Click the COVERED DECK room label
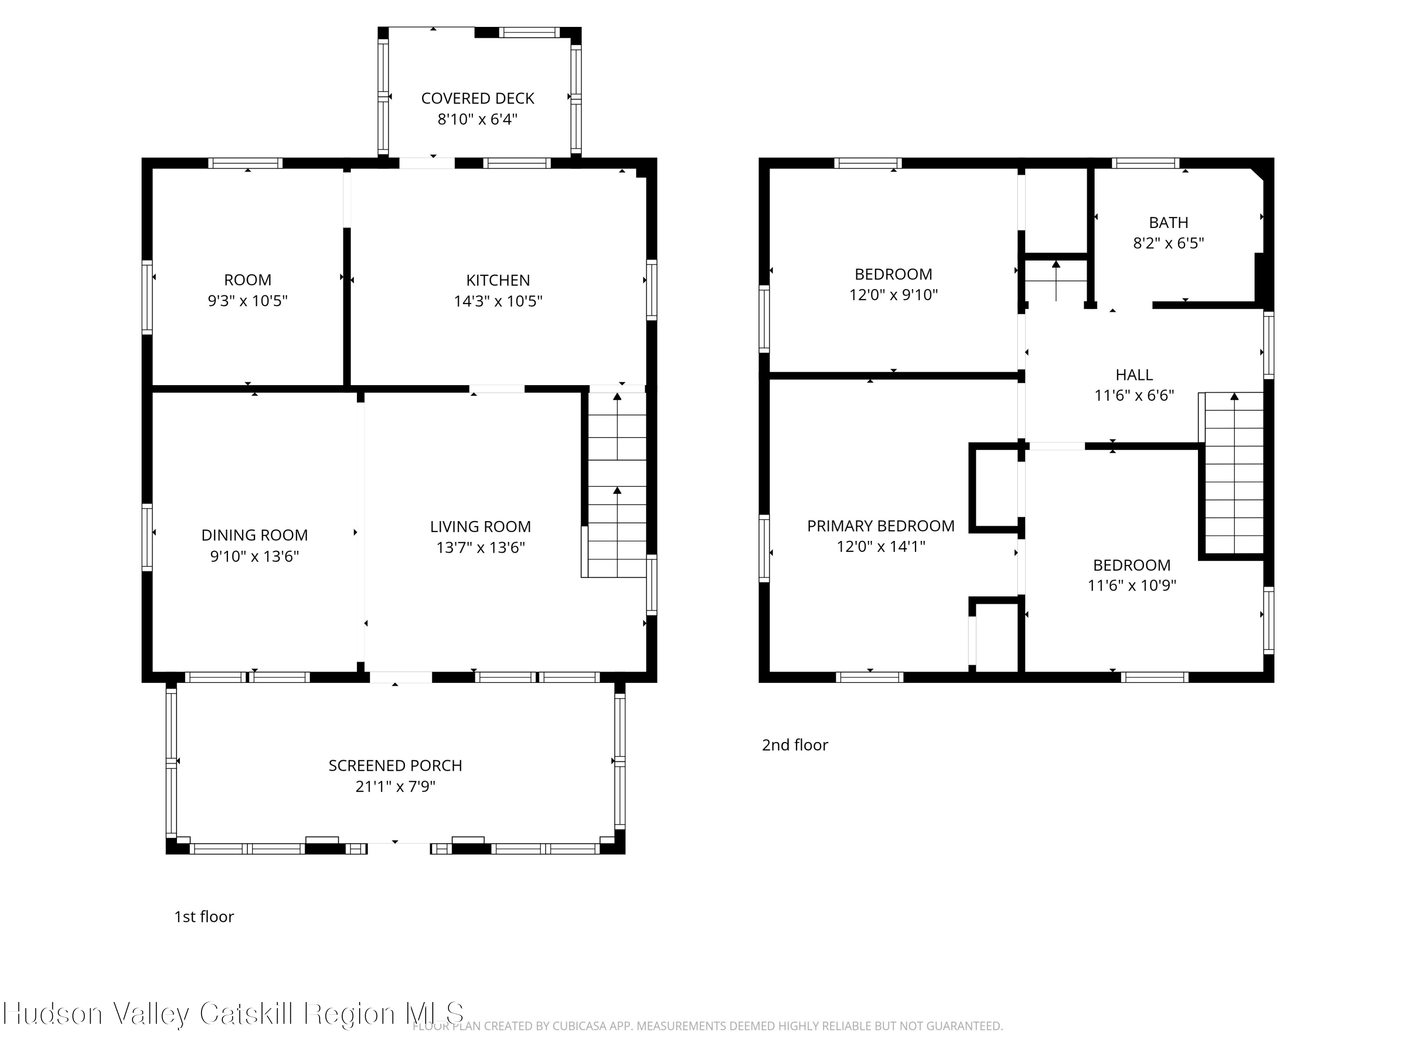(x=478, y=99)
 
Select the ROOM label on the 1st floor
(x=248, y=280)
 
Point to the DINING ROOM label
(x=255, y=535)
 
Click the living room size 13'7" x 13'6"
(x=481, y=548)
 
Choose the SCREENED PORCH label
(x=395, y=766)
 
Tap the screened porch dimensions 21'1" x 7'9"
(x=395, y=786)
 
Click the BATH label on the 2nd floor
(x=1168, y=223)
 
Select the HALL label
(x=1134, y=375)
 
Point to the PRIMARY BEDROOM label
(x=881, y=526)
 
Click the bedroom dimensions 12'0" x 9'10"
(x=893, y=295)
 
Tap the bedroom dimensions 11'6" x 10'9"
(x=1132, y=585)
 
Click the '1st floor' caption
(x=204, y=917)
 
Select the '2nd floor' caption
(x=794, y=745)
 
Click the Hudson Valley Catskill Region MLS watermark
(x=234, y=1014)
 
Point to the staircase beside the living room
(x=616, y=485)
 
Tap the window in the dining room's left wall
(x=147, y=537)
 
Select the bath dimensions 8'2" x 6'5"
(x=1168, y=243)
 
